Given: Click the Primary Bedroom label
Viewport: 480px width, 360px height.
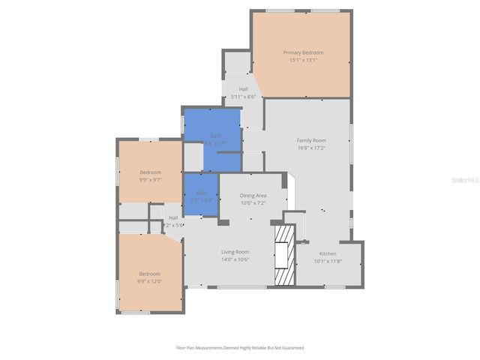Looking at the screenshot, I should tap(303, 52).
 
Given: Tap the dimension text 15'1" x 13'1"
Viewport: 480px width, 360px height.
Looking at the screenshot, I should tap(303, 60).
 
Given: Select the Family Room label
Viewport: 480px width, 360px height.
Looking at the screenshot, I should tap(311, 140).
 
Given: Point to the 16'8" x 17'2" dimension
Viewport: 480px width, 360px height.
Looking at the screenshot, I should tap(311, 148).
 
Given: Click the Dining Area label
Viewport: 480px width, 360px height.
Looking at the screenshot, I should tap(253, 195).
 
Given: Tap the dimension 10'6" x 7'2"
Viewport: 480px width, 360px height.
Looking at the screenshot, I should tap(253, 202).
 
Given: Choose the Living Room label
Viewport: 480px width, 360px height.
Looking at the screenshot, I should tap(235, 252).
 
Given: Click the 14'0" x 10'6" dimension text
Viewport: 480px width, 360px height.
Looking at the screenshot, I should tap(235, 259).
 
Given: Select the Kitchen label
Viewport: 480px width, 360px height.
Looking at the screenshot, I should tap(328, 253).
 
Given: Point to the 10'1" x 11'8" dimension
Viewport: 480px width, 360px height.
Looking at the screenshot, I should tap(328, 261).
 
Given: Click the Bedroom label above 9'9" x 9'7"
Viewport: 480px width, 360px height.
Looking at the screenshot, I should tap(150, 172).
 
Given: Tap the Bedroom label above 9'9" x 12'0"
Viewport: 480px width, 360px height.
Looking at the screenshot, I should tap(149, 274).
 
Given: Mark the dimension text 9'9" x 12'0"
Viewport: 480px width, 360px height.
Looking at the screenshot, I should tap(149, 281).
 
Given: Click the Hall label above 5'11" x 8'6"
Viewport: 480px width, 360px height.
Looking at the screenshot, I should tap(243, 88).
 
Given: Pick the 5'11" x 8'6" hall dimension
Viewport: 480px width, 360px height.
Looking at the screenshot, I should tap(243, 96).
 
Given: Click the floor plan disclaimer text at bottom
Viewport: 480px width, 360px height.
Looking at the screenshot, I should tap(240, 348).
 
